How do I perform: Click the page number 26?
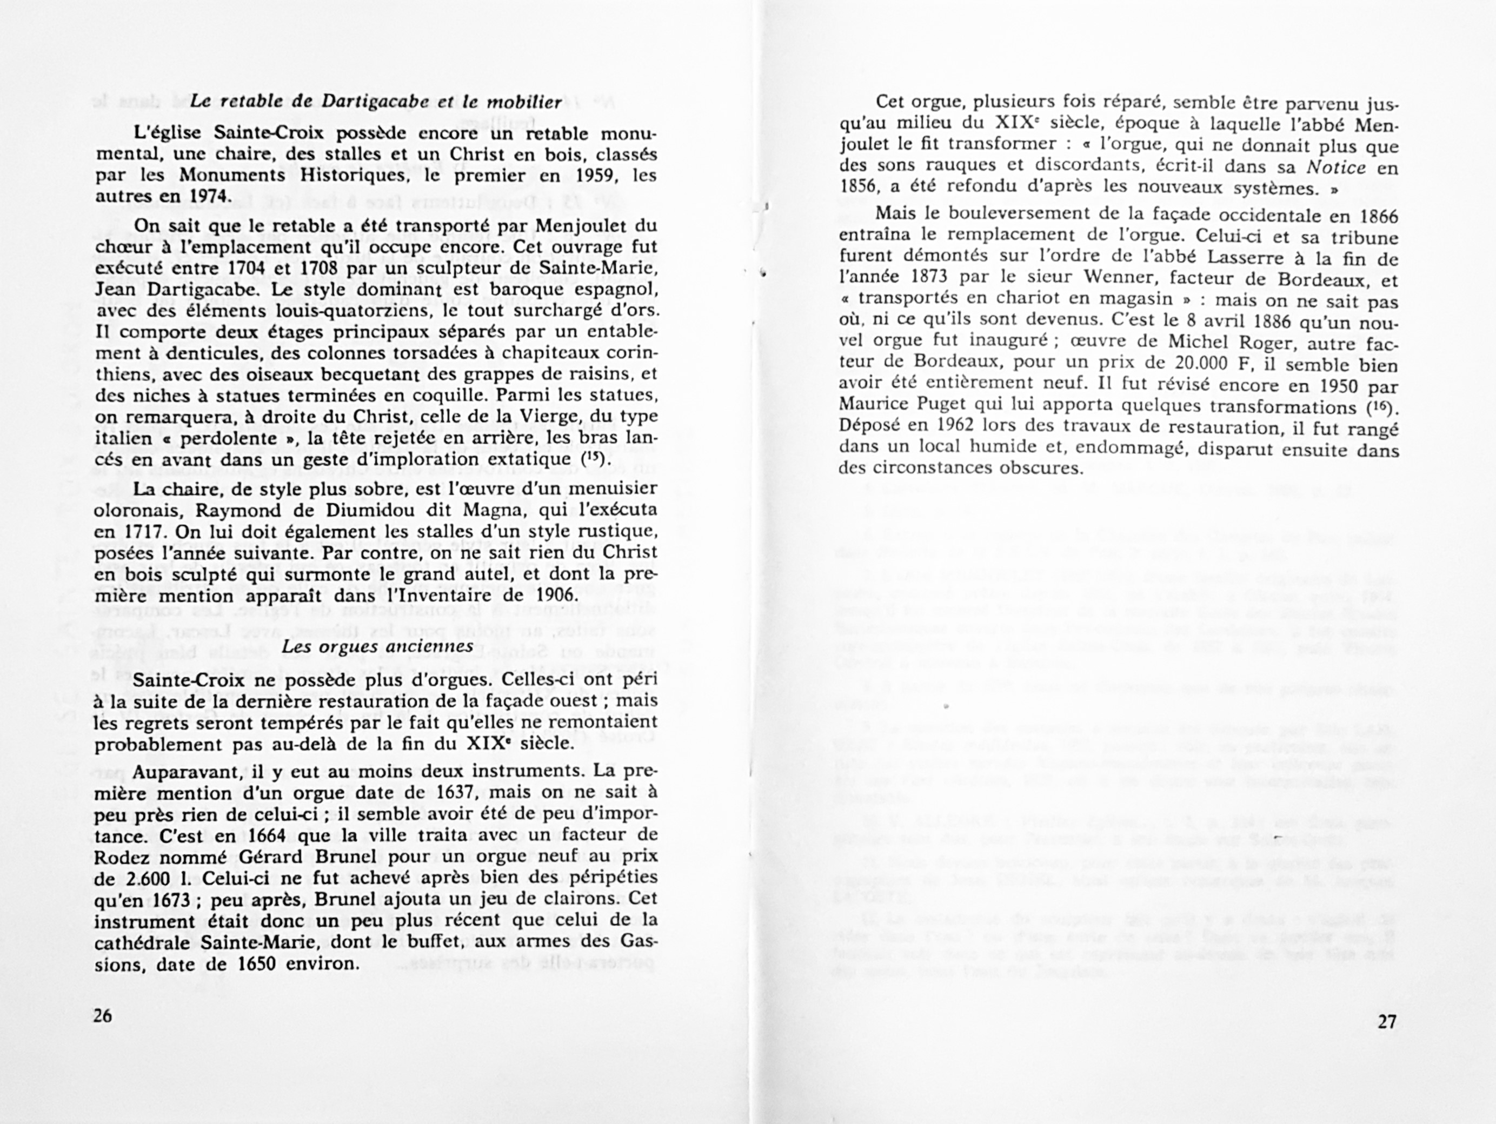pos(103,1016)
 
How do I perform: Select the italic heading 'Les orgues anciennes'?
pos(377,646)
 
